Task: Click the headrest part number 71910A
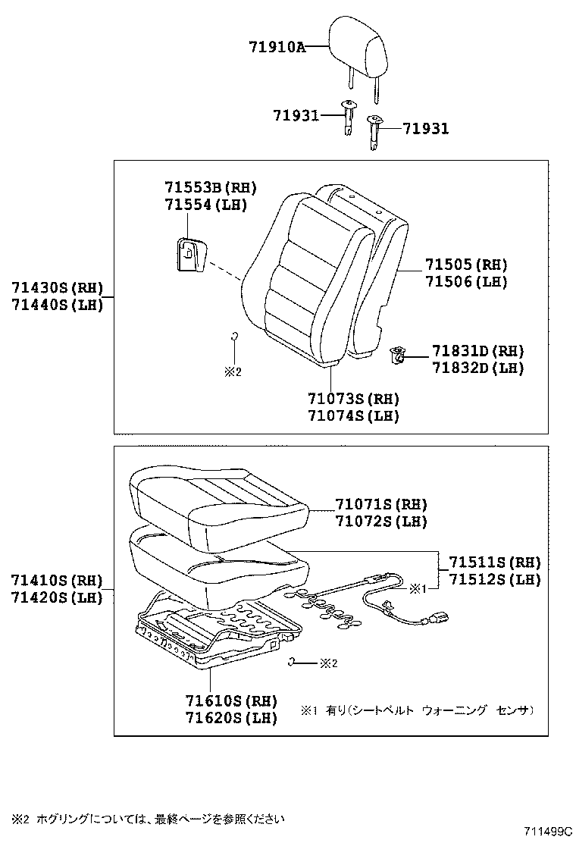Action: (277, 47)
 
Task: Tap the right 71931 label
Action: (425, 129)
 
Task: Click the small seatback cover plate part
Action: (189, 253)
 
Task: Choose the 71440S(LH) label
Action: (57, 305)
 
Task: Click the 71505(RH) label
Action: (465, 265)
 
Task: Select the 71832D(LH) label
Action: (478, 368)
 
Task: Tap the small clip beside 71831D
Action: (397, 353)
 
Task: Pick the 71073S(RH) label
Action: (353, 399)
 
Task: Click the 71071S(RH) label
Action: (381, 504)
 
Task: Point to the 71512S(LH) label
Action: (495, 579)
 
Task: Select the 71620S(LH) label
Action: (230, 717)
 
